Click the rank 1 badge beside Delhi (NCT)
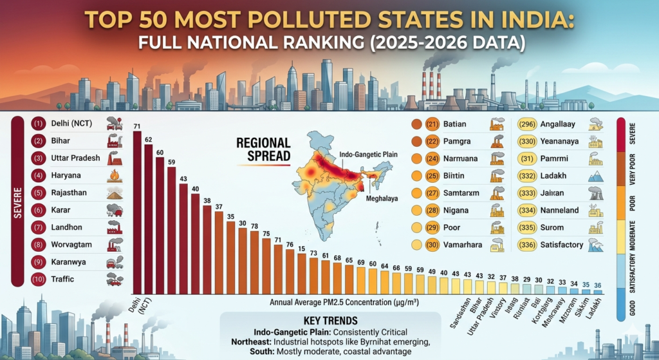point(38,122)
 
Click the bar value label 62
point(148,139)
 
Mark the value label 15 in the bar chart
point(302,247)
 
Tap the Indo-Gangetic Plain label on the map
point(364,155)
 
